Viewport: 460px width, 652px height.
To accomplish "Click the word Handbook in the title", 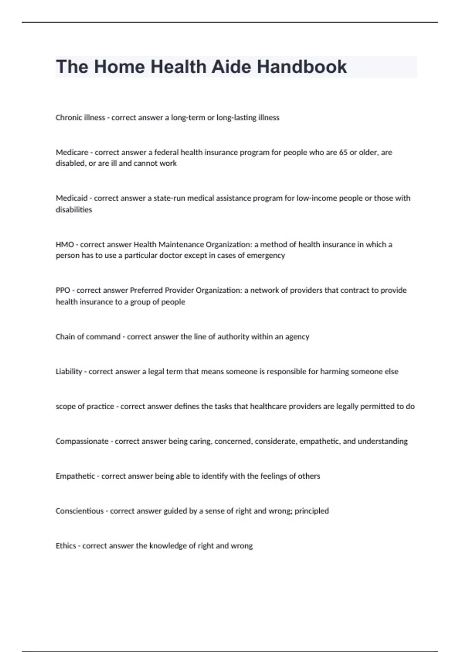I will tap(302, 67).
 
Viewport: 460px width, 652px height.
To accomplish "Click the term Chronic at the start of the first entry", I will tap(67, 118).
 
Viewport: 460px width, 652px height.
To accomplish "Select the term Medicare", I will tap(72, 152).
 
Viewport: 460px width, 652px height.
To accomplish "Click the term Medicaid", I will tap(72, 198).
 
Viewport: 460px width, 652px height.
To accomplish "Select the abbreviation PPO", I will tap(63, 290).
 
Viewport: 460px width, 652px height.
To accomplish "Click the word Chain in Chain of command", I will tap(65, 337).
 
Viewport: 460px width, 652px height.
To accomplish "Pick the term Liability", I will tap(69, 372).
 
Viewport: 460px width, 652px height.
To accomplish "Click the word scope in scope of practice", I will tap(65, 407).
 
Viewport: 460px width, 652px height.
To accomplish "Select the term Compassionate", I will tap(82, 441).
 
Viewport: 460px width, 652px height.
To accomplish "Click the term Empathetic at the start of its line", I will tap(75, 476).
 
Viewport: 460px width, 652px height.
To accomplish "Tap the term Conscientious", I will tap(80, 511).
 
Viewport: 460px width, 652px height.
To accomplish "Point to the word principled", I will tap(312, 511).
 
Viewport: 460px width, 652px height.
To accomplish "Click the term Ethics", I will tap(66, 546).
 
